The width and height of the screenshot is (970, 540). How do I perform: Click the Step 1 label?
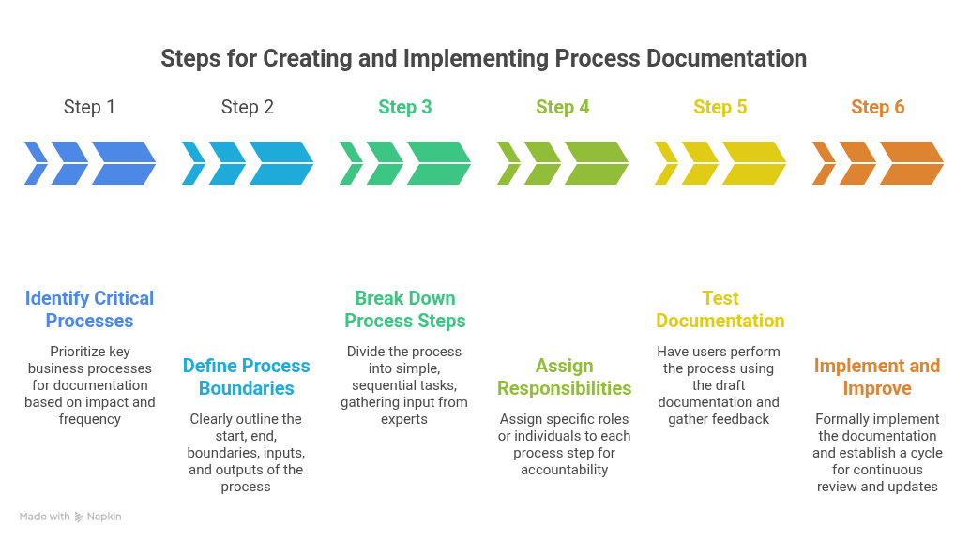[89, 107]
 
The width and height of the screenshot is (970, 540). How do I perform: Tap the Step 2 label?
[247, 107]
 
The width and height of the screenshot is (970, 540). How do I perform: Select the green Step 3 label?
[404, 107]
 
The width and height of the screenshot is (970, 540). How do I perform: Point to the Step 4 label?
[562, 107]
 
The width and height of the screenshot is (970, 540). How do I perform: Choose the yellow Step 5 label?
[720, 107]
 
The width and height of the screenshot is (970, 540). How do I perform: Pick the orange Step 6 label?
[877, 107]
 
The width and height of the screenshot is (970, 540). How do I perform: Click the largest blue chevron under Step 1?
[124, 163]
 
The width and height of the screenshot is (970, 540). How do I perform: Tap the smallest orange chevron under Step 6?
[823, 163]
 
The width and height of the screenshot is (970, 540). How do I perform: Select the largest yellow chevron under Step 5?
[754, 163]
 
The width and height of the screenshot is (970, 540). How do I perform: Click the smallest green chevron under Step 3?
[350, 163]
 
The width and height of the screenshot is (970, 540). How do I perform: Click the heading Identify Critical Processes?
[89, 309]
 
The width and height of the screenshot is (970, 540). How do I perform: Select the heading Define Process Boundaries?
[246, 377]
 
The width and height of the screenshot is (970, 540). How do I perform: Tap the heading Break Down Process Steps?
[404, 309]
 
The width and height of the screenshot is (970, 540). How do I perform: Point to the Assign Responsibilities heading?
[564, 377]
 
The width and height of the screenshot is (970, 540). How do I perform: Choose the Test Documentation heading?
[720, 309]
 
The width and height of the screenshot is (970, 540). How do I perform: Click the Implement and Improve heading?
[877, 377]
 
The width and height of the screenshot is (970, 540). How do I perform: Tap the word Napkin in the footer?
[104, 517]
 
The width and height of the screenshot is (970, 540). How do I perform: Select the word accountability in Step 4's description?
[564, 470]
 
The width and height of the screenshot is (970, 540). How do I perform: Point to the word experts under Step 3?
[404, 419]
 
